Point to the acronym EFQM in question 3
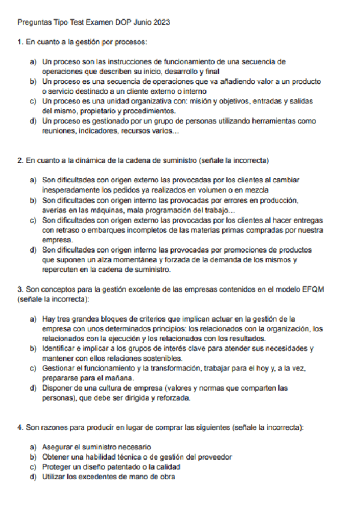313,289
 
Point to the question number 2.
20,161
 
